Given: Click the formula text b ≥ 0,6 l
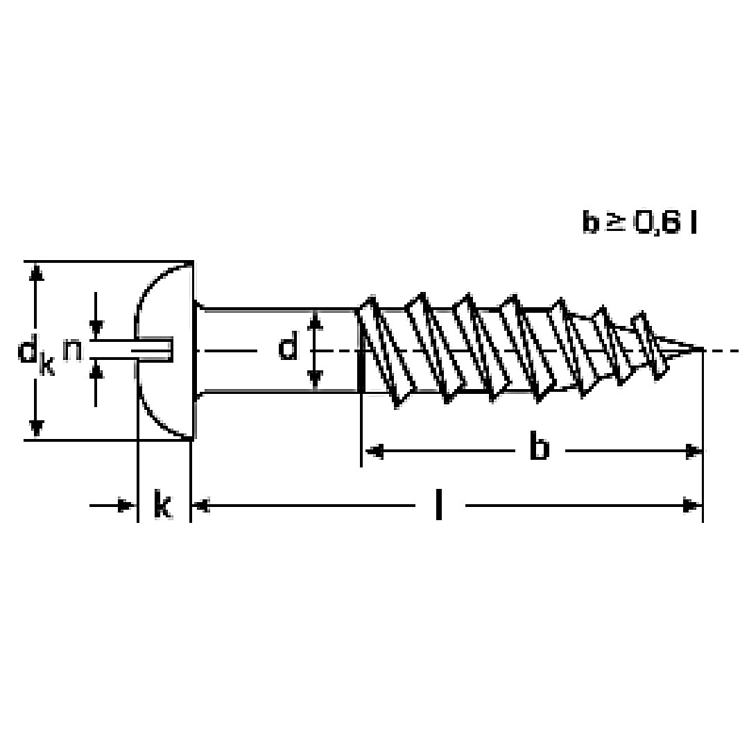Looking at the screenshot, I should click(639, 223).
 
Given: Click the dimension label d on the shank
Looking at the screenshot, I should click(289, 347).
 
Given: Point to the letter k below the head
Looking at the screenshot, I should click(162, 506).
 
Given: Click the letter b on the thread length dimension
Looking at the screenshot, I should click(539, 447).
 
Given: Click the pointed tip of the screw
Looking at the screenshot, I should click(698, 350).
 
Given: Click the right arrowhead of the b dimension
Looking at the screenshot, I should click(693, 452).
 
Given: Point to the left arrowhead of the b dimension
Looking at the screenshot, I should click(373, 452).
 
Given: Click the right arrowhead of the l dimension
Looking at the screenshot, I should click(692, 506).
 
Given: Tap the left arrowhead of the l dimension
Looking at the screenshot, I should click(200, 506).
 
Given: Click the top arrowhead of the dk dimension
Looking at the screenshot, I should click(37, 272).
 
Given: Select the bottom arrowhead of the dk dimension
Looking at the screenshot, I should click(37, 429).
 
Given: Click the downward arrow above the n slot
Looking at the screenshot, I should click(96, 327).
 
